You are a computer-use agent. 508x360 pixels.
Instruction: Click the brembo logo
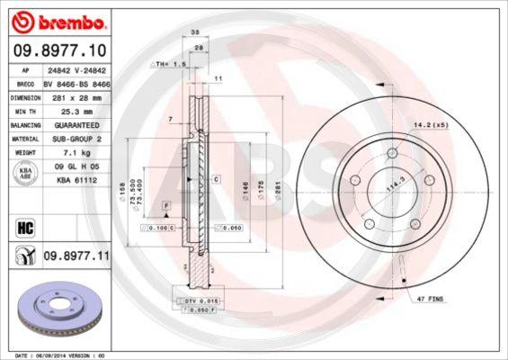point(59,21)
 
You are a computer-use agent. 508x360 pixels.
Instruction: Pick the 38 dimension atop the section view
point(195,31)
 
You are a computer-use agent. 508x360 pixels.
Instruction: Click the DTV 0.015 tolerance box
point(193,299)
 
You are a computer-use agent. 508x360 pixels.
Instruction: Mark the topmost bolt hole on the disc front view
point(393,155)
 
